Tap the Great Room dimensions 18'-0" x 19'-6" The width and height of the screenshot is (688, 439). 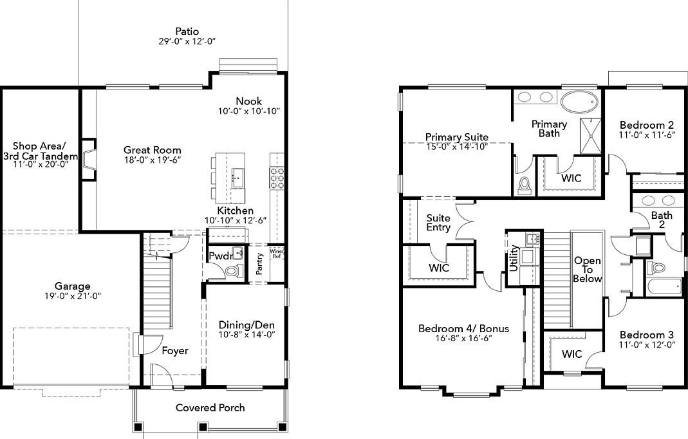tap(153, 161)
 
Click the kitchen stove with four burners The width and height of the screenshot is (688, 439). tap(277, 178)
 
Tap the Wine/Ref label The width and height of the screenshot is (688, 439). tap(277, 253)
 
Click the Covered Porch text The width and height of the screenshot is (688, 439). tap(210, 407)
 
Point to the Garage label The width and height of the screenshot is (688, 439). tap(72, 286)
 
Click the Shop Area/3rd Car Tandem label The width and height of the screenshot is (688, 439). tap(41, 151)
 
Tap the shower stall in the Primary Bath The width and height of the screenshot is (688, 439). tap(590, 136)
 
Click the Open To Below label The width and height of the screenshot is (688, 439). tap(588, 270)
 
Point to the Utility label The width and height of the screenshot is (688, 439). tap(514, 257)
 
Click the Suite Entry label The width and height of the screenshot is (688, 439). tap(438, 222)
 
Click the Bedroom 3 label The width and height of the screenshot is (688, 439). tap(646, 335)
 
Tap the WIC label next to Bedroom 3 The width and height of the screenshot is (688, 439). tap(572, 354)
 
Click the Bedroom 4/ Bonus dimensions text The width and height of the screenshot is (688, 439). tap(463, 338)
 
